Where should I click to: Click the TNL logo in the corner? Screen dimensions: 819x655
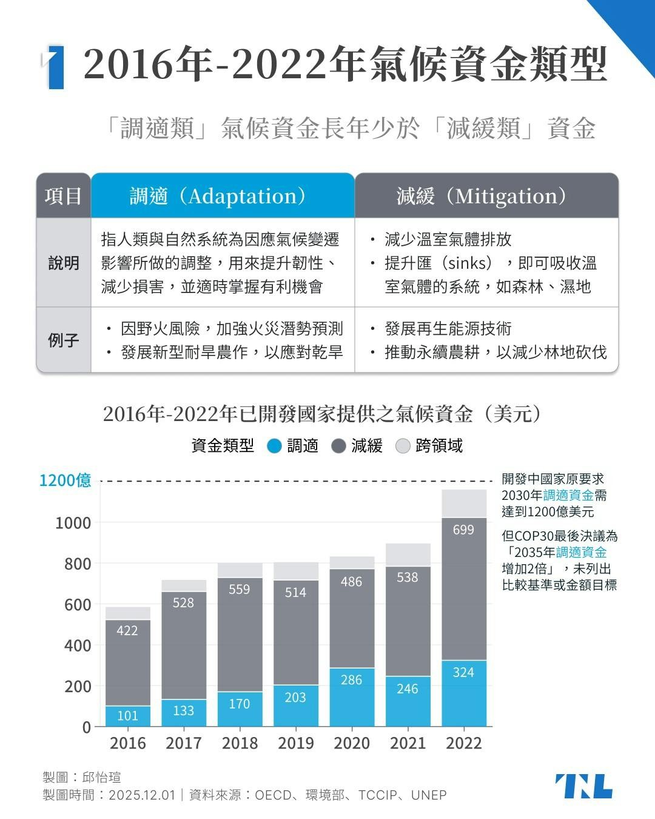[x=583, y=786]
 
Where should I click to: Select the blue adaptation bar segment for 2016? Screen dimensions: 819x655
[x=128, y=716]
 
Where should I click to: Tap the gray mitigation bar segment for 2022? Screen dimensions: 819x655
[x=464, y=588]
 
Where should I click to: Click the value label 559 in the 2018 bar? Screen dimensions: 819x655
[x=240, y=589]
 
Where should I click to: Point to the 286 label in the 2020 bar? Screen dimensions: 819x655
[x=351, y=679]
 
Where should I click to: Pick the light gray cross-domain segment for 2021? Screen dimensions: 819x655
[x=408, y=554]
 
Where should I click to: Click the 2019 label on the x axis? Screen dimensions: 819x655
[x=295, y=743]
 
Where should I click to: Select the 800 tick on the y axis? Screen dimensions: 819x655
[x=78, y=564]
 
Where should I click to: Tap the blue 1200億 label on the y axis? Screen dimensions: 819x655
[x=65, y=480]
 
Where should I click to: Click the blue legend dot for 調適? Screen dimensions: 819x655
[x=275, y=447]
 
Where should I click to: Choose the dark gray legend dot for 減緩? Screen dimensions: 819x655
[x=339, y=447]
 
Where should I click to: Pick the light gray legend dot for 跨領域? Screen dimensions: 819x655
[x=403, y=447]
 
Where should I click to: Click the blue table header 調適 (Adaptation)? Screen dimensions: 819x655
[x=223, y=196]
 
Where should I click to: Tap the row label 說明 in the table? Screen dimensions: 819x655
[x=64, y=263]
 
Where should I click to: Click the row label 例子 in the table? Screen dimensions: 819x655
[x=64, y=340]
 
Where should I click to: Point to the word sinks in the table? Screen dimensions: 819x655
[x=468, y=263]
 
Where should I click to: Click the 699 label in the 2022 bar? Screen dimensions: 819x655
[x=463, y=530]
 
